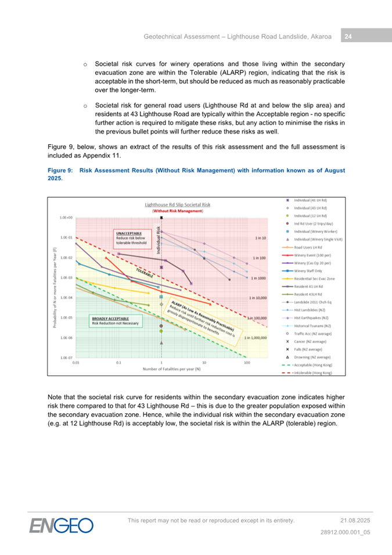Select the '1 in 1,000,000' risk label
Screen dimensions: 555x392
coord(255,338)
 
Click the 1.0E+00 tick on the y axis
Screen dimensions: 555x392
coord(65,217)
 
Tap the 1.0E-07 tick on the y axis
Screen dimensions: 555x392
coord(65,358)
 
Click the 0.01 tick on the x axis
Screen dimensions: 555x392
coord(75,363)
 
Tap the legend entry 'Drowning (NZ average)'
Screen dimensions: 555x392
coord(314,357)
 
